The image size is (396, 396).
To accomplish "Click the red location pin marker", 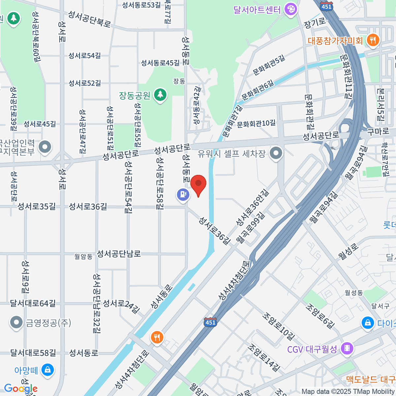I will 198,185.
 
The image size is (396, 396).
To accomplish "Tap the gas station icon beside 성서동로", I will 183,194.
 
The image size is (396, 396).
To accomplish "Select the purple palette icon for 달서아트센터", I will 291,9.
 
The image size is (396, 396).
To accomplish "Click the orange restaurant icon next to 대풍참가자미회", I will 373,40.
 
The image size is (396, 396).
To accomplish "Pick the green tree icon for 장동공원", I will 160,95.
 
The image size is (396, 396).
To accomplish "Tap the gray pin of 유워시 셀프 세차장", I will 276,153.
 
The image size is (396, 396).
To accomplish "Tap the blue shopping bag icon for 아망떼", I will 48,370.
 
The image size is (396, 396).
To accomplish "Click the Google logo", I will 20,388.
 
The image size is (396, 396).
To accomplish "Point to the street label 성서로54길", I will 84,55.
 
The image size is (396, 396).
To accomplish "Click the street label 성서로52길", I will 84,83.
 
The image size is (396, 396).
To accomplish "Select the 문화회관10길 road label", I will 256,124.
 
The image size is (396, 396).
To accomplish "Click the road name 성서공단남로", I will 118,253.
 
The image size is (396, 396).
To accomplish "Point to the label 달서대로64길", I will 33,303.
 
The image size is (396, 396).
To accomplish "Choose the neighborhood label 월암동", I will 83,256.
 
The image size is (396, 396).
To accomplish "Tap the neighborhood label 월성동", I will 353,292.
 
